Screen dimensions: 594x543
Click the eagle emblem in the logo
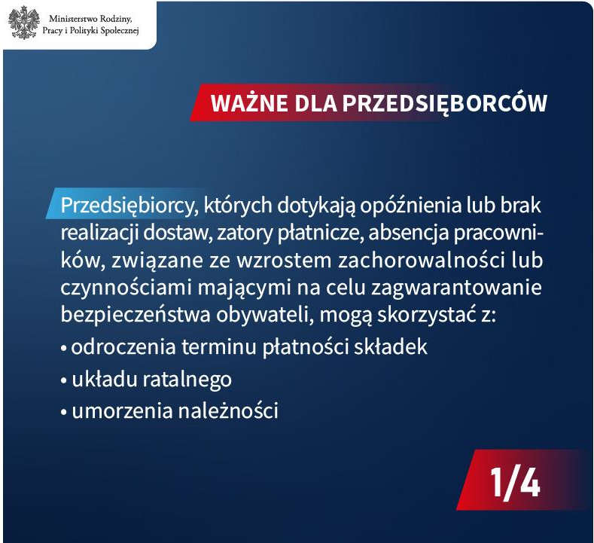[x=24, y=23]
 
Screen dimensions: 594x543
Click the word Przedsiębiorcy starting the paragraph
[x=129, y=206]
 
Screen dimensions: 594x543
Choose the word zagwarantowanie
[x=456, y=288]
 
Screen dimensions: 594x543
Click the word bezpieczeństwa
[x=136, y=315]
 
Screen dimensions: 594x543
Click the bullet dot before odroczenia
[x=64, y=347]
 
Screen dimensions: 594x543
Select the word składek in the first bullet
[x=390, y=346]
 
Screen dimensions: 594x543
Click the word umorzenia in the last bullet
[x=123, y=410]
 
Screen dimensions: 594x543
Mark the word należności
[x=228, y=410]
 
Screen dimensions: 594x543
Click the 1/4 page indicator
[x=515, y=482]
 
